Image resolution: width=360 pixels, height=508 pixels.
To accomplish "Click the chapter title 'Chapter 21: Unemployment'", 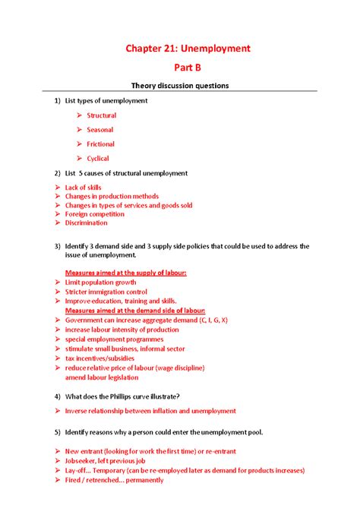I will coord(187,49).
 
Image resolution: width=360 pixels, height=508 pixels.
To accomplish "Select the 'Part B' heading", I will coord(187,67).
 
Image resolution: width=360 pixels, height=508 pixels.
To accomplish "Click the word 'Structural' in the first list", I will coord(101,115).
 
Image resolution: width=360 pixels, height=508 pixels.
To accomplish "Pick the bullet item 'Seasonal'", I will coord(100,130).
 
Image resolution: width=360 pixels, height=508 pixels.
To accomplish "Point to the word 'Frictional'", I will coord(100,144).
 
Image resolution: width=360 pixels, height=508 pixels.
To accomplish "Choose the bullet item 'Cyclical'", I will coord(98,159).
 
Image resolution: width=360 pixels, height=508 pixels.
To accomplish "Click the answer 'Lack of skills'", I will coord(83,188).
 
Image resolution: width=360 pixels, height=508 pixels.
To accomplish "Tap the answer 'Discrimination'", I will coord(86,223).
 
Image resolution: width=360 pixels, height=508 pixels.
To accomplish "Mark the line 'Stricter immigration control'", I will coord(106,292).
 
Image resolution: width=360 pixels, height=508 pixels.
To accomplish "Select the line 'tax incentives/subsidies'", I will coord(99,358).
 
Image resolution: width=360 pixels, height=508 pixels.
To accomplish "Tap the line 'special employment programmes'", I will coord(114,339).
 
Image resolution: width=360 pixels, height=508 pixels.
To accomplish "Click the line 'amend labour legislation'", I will coord(102,377).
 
